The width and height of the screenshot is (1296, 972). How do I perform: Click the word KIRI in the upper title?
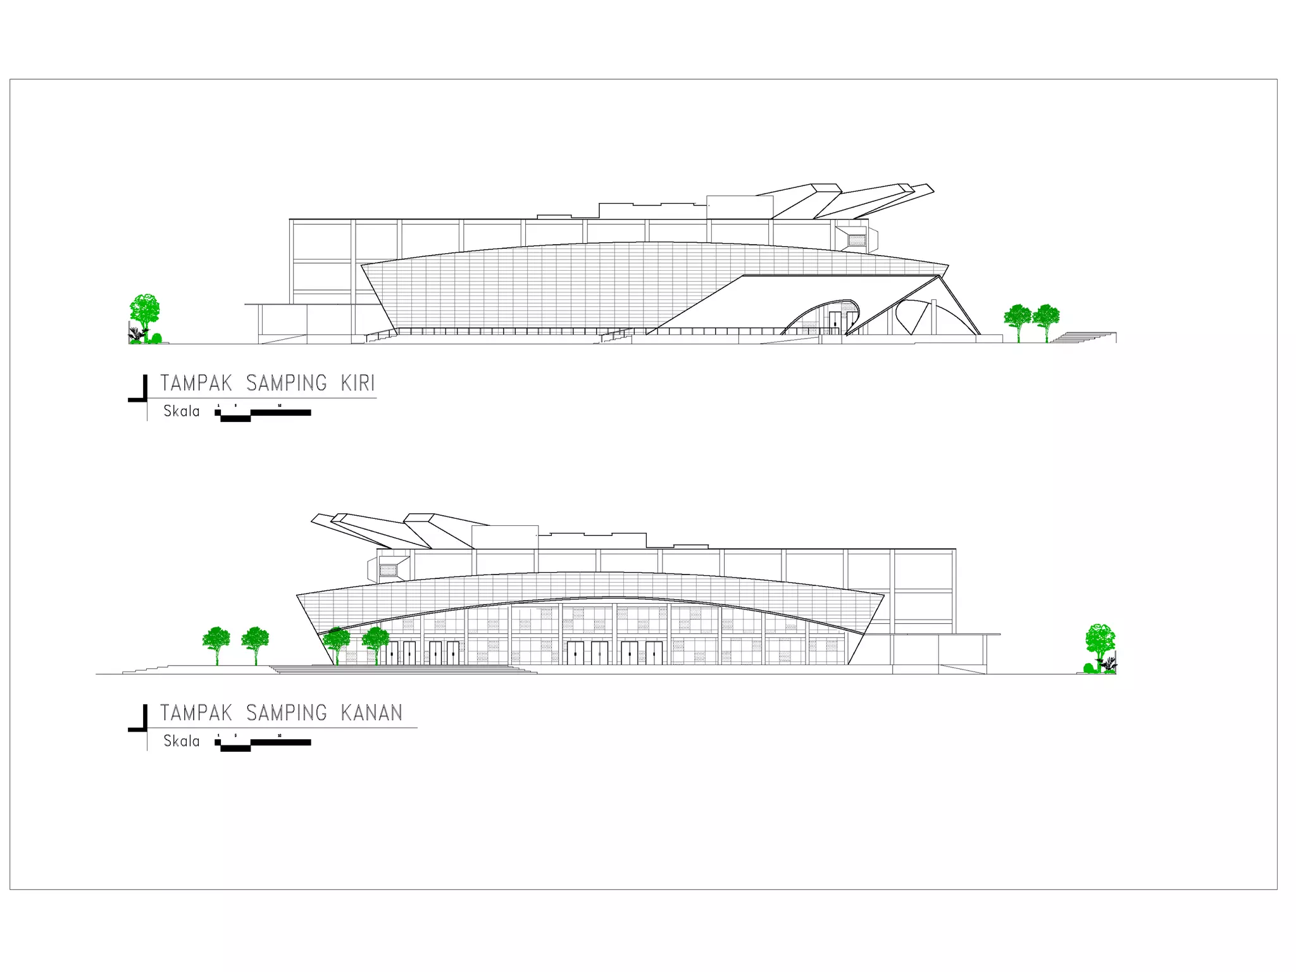click(x=358, y=383)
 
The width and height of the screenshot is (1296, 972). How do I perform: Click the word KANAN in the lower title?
click(x=371, y=713)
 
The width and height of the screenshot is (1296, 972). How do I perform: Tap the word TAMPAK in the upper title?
click(x=196, y=383)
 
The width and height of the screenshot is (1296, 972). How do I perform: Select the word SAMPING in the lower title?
click(x=287, y=713)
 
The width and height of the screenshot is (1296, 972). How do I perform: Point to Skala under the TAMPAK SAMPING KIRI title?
click(x=182, y=411)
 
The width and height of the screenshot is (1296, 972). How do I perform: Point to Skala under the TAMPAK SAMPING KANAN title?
click(x=182, y=741)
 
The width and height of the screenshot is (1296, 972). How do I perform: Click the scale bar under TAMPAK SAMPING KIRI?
click(x=264, y=414)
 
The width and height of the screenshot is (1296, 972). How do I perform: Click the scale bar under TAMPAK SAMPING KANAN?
click(x=264, y=744)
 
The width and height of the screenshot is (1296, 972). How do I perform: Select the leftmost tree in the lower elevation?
click(x=216, y=643)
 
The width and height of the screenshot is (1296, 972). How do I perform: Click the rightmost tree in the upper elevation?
click(x=1046, y=320)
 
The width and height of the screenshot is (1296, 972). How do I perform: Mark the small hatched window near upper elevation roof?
click(x=856, y=240)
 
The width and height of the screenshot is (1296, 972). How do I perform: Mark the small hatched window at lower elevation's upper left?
click(x=388, y=571)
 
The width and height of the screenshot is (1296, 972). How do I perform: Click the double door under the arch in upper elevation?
click(x=835, y=322)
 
